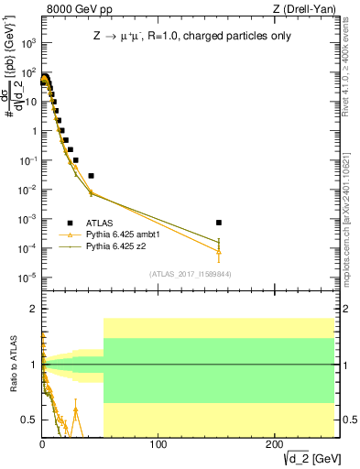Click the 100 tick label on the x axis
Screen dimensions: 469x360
click(158, 444)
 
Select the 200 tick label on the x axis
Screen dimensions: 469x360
click(275, 444)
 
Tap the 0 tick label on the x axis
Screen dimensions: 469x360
click(42, 444)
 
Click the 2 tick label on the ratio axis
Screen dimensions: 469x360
click(33, 309)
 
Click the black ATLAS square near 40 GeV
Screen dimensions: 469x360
click(91, 175)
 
